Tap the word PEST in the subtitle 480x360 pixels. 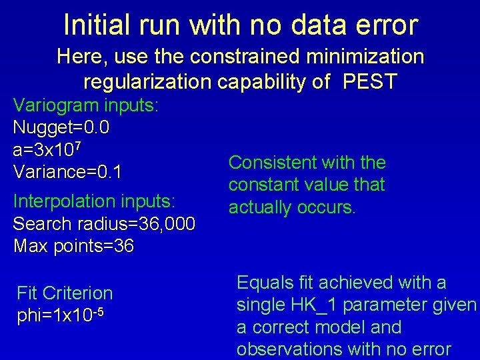pyautogui.click(x=370, y=82)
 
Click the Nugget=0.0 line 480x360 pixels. pyautogui.click(x=61, y=127)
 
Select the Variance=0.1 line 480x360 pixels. pyautogui.click(x=67, y=171)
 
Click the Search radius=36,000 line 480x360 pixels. pyautogui.click(x=104, y=223)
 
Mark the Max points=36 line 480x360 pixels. pyautogui.click(x=73, y=246)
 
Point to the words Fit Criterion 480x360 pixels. pyautogui.click(x=65, y=293)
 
